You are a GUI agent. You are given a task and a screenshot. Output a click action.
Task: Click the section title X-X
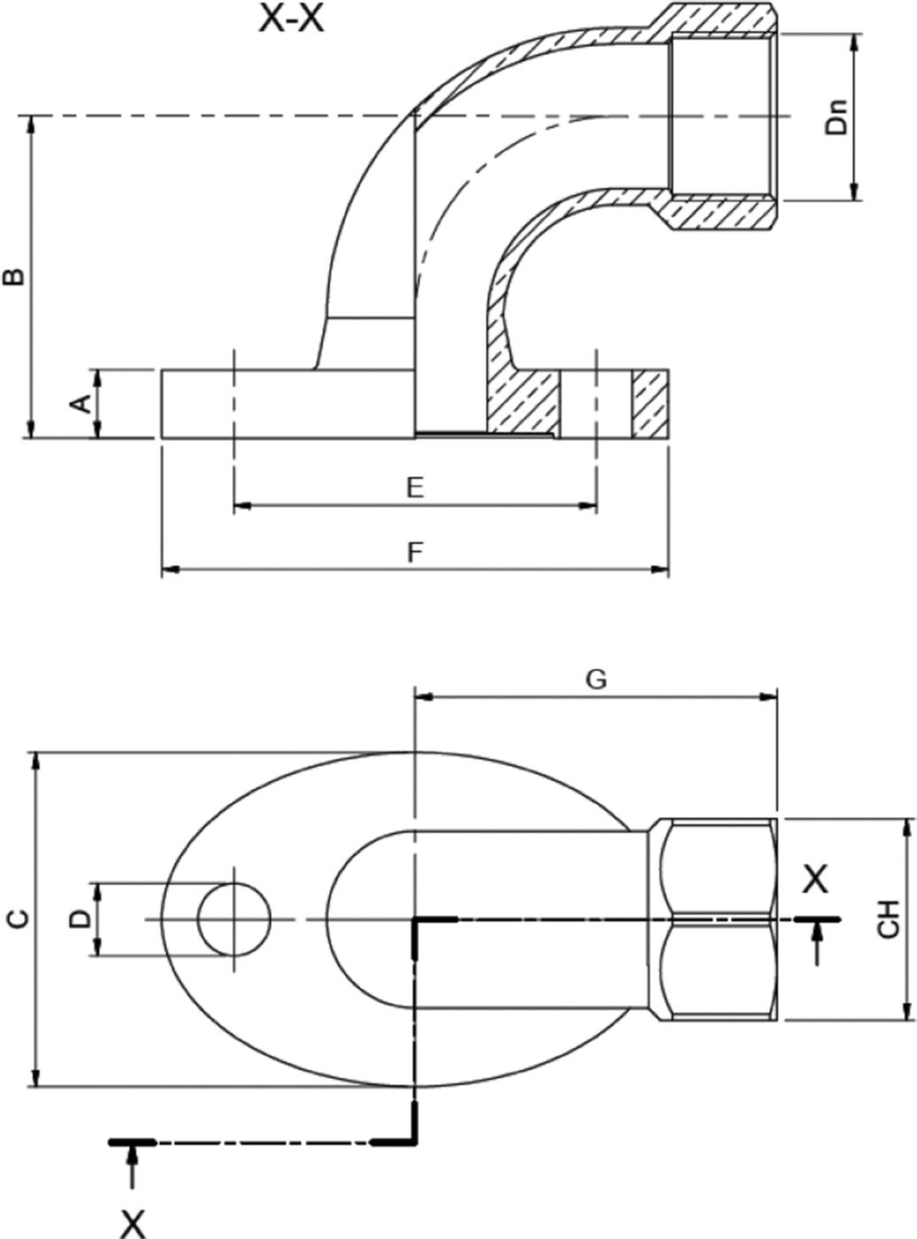290,19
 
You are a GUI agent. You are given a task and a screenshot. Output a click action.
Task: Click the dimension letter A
80,404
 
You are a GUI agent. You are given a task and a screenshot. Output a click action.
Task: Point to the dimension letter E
414,487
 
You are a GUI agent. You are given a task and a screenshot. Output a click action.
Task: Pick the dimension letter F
414,553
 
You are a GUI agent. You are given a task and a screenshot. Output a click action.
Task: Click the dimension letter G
597,679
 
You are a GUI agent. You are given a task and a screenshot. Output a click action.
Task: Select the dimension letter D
81,919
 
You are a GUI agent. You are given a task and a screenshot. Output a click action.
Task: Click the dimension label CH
889,919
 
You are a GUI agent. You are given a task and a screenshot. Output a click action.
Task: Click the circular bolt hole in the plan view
234,919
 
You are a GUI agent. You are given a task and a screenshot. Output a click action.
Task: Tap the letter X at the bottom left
133,1224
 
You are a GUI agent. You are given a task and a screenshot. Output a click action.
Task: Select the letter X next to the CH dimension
815,880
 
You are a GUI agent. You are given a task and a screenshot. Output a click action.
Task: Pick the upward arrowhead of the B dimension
33,123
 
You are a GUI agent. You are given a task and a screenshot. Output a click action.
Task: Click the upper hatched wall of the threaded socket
720,19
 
